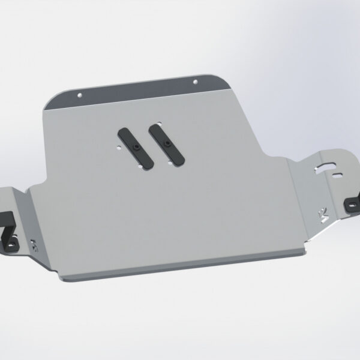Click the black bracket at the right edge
click(x=350, y=203)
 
